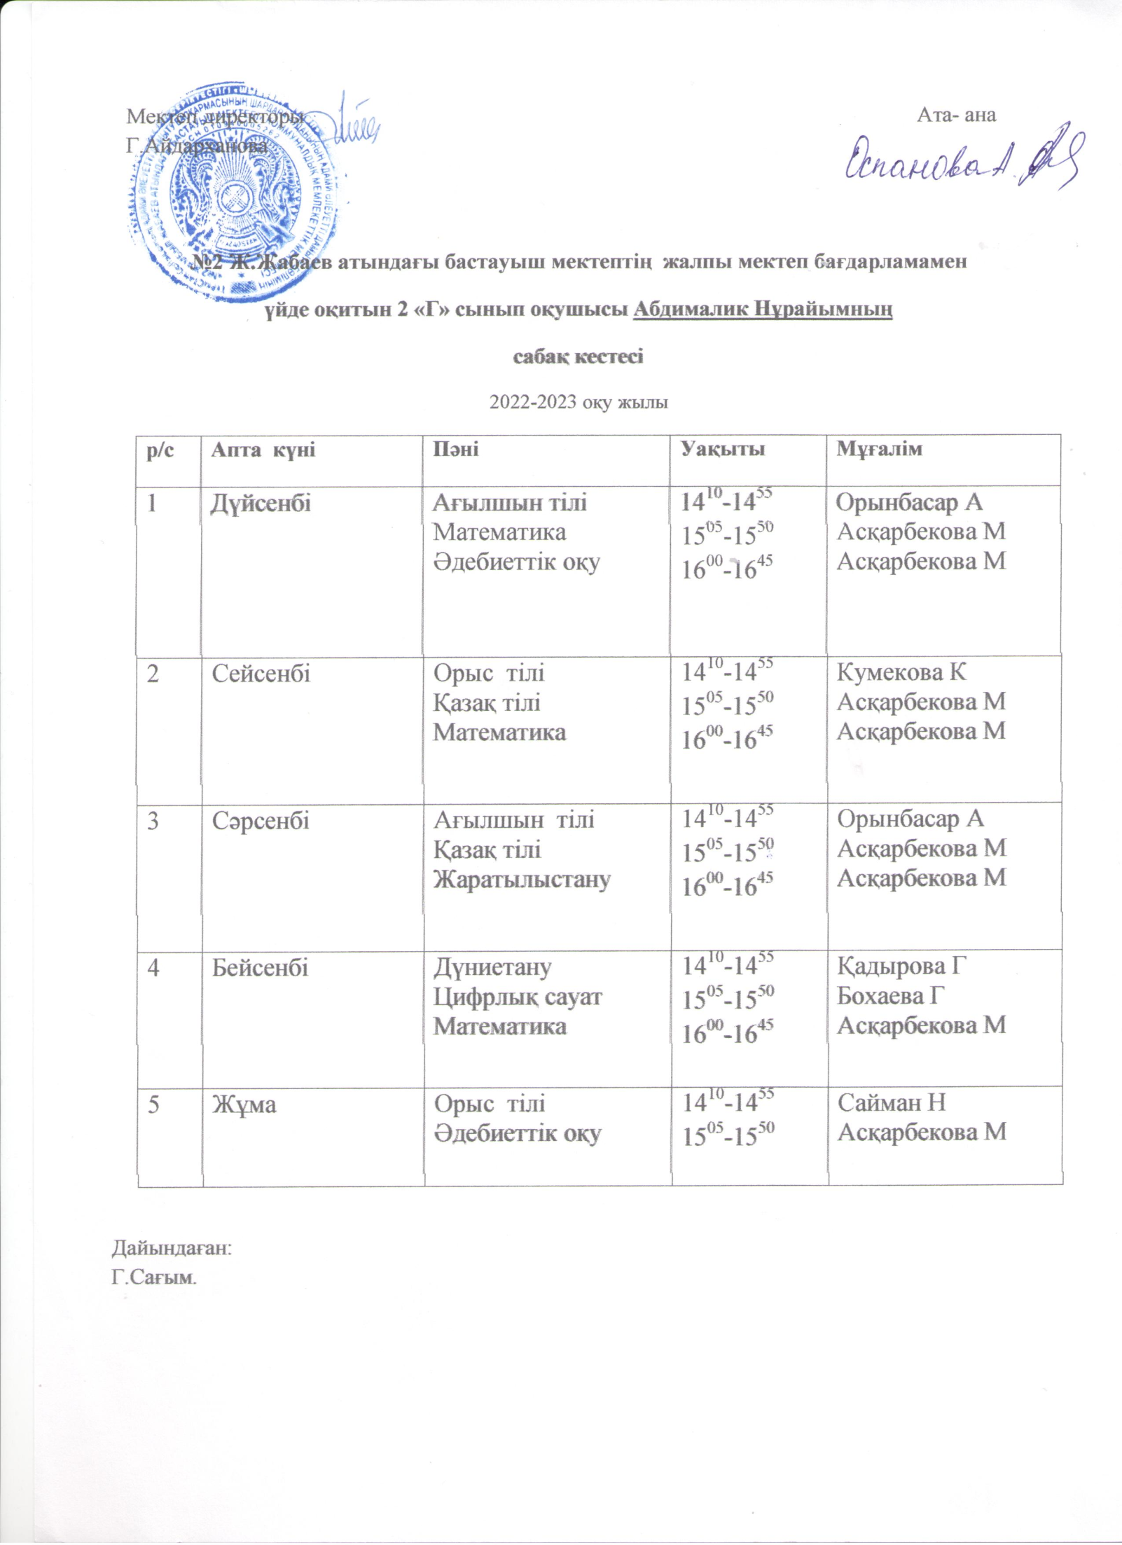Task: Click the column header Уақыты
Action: pyautogui.click(x=724, y=449)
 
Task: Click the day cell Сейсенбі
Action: pyautogui.click(x=261, y=674)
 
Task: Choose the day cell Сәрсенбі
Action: pyautogui.click(x=261, y=820)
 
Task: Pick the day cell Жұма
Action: pyautogui.click(x=244, y=1104)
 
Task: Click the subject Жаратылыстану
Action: pyautogui.click(x=522, y=879)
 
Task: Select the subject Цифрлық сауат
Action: pyautogui.click(x=518, y=997)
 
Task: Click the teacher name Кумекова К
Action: pyautogui.click(x=901, y=672)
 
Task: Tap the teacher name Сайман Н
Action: pyautogui.click(x=892, y=1103)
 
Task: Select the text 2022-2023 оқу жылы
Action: pyautogui.click(x=579, y=403)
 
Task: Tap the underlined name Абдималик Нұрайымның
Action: pyautogui.click(x=763, y=310)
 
